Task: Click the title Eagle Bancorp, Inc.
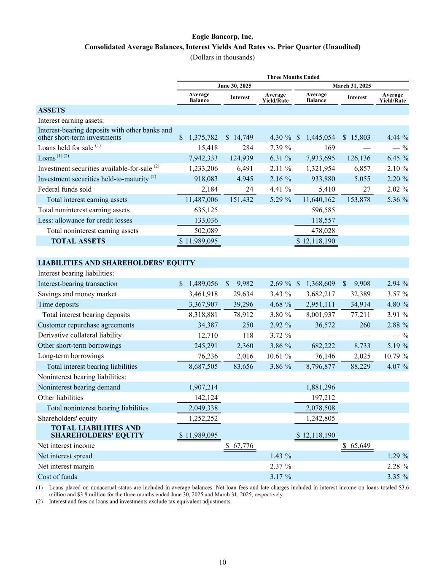(222, 37)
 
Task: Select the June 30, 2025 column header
(234, 86)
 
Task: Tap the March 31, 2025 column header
(352, 86)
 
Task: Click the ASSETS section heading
(51, 110)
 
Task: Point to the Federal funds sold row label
(65, 189)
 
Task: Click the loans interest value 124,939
(241, 158)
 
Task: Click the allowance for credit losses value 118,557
(322, 220)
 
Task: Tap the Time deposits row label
(58, 304)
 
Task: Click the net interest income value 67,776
(243, 446)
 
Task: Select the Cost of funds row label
(57, 477)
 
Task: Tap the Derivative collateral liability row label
(80, 335)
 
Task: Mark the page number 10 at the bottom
(222, 562)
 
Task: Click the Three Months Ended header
(293, 77)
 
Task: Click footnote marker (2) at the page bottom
(40, 501)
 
